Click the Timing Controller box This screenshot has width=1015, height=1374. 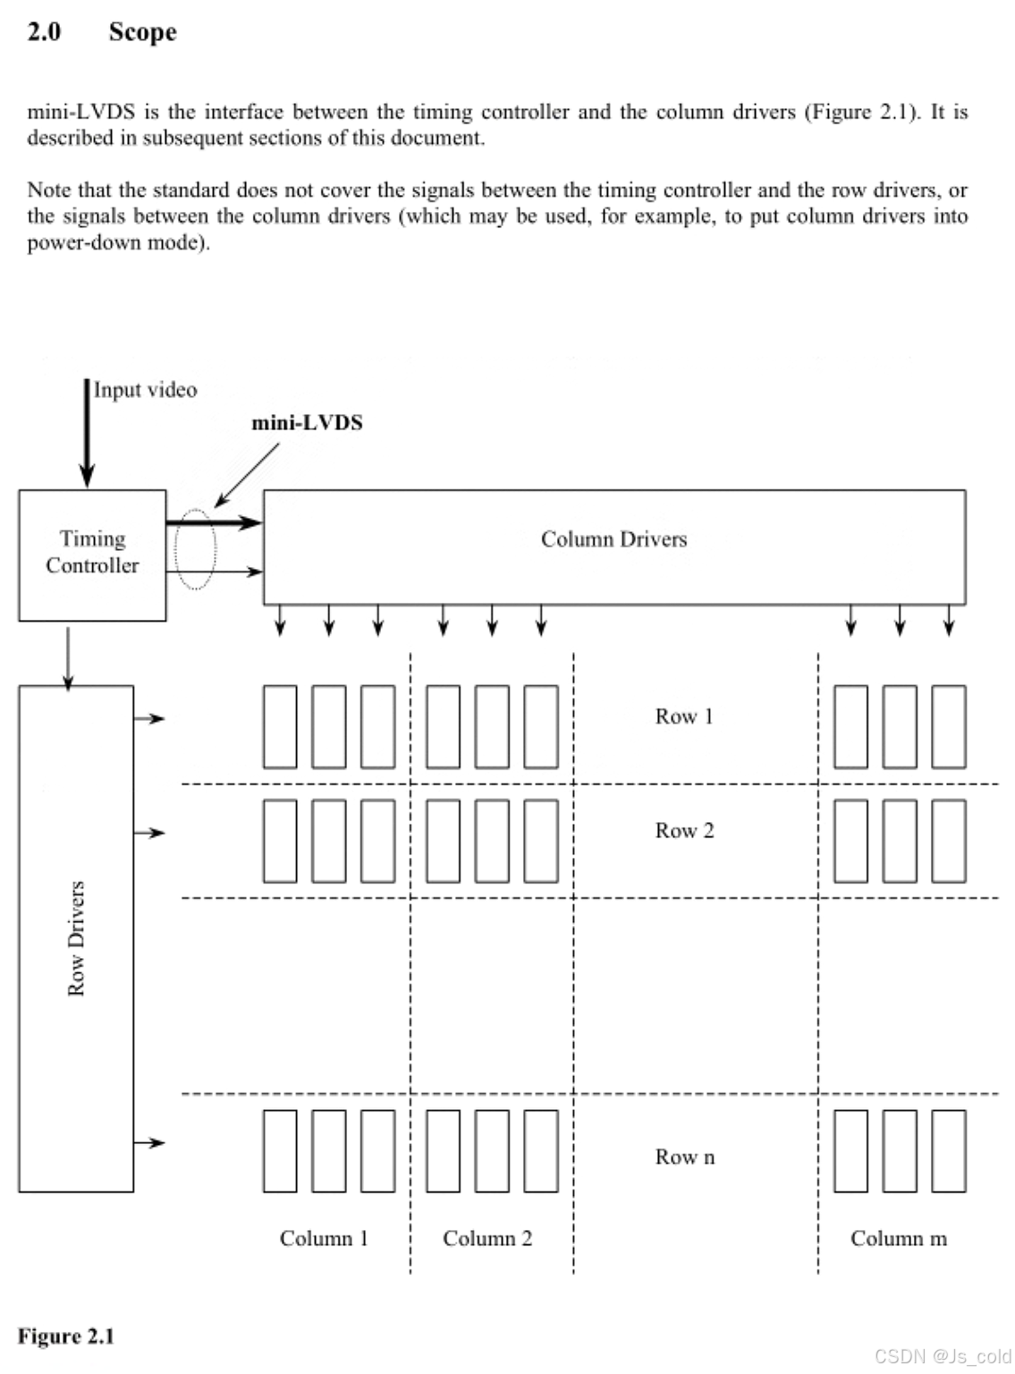92,555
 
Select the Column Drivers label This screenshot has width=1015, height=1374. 613,539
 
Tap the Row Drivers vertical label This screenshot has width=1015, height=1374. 76,938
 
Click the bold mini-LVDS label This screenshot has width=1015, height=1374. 307,423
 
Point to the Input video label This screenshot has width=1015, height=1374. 145,390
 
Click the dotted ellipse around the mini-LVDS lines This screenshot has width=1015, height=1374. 195,548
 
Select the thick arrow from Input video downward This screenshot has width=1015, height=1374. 87,434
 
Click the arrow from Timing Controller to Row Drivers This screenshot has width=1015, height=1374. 68,657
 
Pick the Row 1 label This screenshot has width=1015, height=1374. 684,717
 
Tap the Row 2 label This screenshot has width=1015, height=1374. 684,831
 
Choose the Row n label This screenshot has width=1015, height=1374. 684,1158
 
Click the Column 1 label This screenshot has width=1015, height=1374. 324,1239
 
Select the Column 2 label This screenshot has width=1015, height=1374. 487,1239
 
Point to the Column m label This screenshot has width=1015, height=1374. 898,1239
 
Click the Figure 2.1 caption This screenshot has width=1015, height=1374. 66,1336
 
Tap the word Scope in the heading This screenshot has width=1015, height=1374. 142,32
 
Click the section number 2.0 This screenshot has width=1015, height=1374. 44,32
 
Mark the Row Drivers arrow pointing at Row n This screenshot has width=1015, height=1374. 149,1142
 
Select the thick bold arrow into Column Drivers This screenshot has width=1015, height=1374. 214,522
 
